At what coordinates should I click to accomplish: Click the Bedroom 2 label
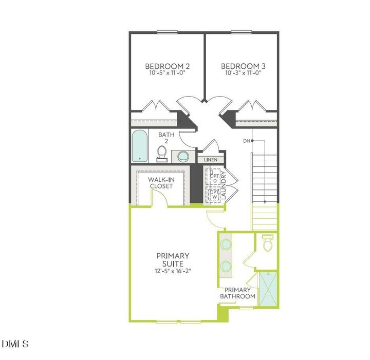click(x=168, y=66)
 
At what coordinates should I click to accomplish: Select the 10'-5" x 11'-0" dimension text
click(x=168, y=73)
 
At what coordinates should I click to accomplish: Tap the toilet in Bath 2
click(x=162, y=153)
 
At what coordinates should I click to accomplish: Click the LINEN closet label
click(x=211, y=160)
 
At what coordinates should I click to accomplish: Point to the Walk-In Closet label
click(x=160, y=182)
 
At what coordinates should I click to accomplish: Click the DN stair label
click(x=247, y=140)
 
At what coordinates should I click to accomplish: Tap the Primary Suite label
click(x=173, y=259)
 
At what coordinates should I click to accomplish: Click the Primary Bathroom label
click(x=237, y=293)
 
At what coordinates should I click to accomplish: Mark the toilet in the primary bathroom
click(x=267, y=243)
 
